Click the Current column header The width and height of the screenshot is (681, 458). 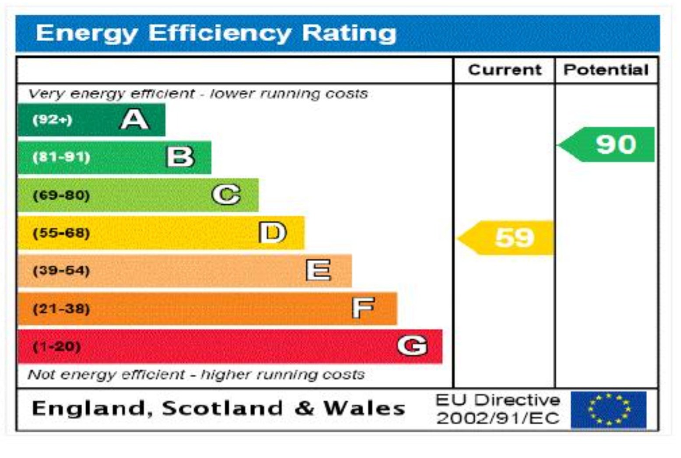click(x=505, y=70)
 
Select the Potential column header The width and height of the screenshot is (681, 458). click(x=606, y=70)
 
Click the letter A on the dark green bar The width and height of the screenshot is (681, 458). click(x=134, y=119)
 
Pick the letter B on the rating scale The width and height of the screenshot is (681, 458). click(x=180, y=157)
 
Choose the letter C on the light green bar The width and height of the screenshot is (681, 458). click(x=226, y=195)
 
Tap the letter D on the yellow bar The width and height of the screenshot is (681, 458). click(x=272, y=232)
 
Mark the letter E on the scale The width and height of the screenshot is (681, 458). click(x=318, y=270)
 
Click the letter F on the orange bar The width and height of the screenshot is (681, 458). click(x=363, y=308)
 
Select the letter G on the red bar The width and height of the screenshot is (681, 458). click(x=412, y=346)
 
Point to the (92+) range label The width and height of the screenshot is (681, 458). click(x=52, y=119)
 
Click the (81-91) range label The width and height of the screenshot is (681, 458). click(x=61, y=157)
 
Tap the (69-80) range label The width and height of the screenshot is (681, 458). click(x=61, y=195)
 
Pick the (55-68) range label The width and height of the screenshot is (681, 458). click(x=61, y=233)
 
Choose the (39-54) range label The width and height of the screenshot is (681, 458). click(x=61, y=270)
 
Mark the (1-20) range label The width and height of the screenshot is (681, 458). click(x=57, y=346)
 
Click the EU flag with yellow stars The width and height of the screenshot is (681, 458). click(x=609, y=410)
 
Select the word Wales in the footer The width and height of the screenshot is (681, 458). click(x=364, y=409)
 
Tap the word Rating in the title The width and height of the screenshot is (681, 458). click(x=349, y=33)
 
